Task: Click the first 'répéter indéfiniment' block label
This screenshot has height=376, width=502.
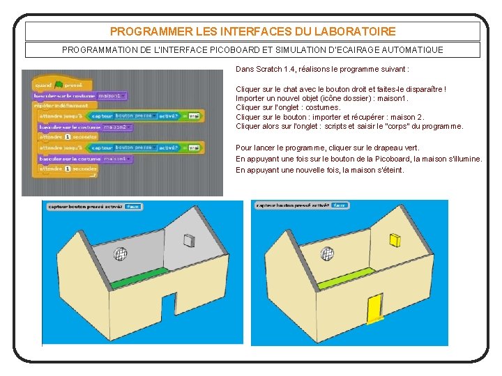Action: (61, 105)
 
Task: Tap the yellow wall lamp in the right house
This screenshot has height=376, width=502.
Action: (395, 240)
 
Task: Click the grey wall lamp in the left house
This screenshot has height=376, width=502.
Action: (188, 240)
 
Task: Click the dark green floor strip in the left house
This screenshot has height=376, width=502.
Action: (139, 278)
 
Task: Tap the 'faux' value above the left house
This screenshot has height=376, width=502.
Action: (133, 206)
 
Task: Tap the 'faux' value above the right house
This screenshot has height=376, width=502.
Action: (340, 205)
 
